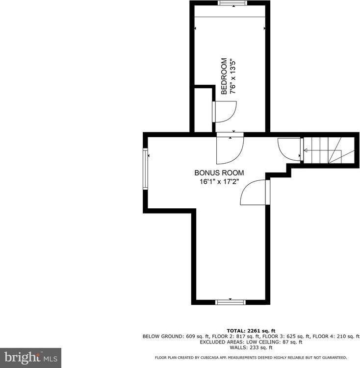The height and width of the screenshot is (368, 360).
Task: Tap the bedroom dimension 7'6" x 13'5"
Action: click(234, 76)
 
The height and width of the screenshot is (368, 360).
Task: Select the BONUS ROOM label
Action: click(219, 173)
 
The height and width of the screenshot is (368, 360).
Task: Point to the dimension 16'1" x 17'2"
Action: click(219, 181)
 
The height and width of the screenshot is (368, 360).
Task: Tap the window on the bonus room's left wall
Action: click(145, 169)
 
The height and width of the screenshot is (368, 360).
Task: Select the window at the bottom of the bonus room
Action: click(230, 302)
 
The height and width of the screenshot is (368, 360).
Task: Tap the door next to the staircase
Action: click(289, 148)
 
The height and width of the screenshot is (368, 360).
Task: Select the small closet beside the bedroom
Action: click(203, 111)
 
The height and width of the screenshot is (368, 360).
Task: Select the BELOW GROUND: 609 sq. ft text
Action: click(176, 336)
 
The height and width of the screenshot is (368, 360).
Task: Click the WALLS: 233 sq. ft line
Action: click(251, 347)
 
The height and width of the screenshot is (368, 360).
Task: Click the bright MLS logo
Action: click(30, 358)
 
